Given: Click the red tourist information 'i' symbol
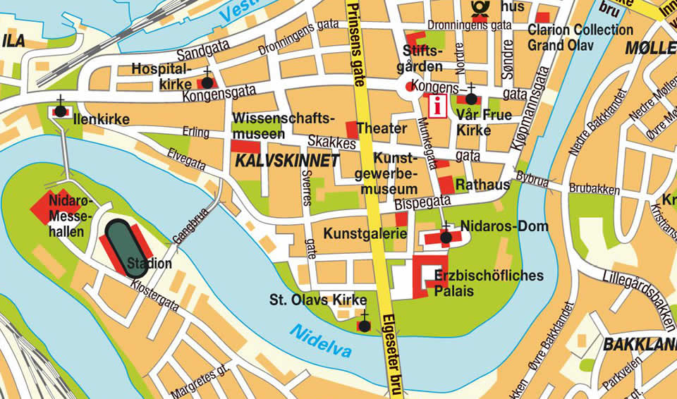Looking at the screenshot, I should click(439, 107).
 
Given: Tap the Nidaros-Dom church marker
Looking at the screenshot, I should click(446, 238).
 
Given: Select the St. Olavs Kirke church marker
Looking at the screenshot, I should click(364, 325).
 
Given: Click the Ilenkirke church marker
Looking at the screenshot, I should click(61, 111).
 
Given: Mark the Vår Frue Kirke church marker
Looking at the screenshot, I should click(471, 99).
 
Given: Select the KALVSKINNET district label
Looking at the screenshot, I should click(287, 161).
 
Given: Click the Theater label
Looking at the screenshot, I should click(382, 129).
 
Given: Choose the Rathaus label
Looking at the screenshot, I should click(483, 185).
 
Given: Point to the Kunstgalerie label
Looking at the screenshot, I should click(365, 233).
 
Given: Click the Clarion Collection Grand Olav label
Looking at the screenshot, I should click(580, 37).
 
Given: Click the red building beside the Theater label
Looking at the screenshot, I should click(352, 130).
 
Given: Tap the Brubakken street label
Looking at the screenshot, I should click(594, 190).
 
